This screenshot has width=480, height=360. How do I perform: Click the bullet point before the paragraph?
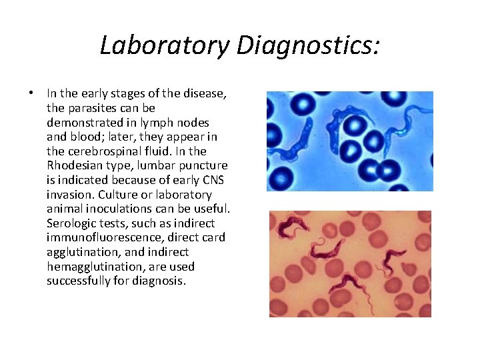[x=32, y=93]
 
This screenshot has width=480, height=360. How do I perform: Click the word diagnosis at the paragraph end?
[x=159, y=281]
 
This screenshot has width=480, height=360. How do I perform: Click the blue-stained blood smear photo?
[x=349, y=141]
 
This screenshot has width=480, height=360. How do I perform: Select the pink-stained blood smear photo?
[x=349, y=263]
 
